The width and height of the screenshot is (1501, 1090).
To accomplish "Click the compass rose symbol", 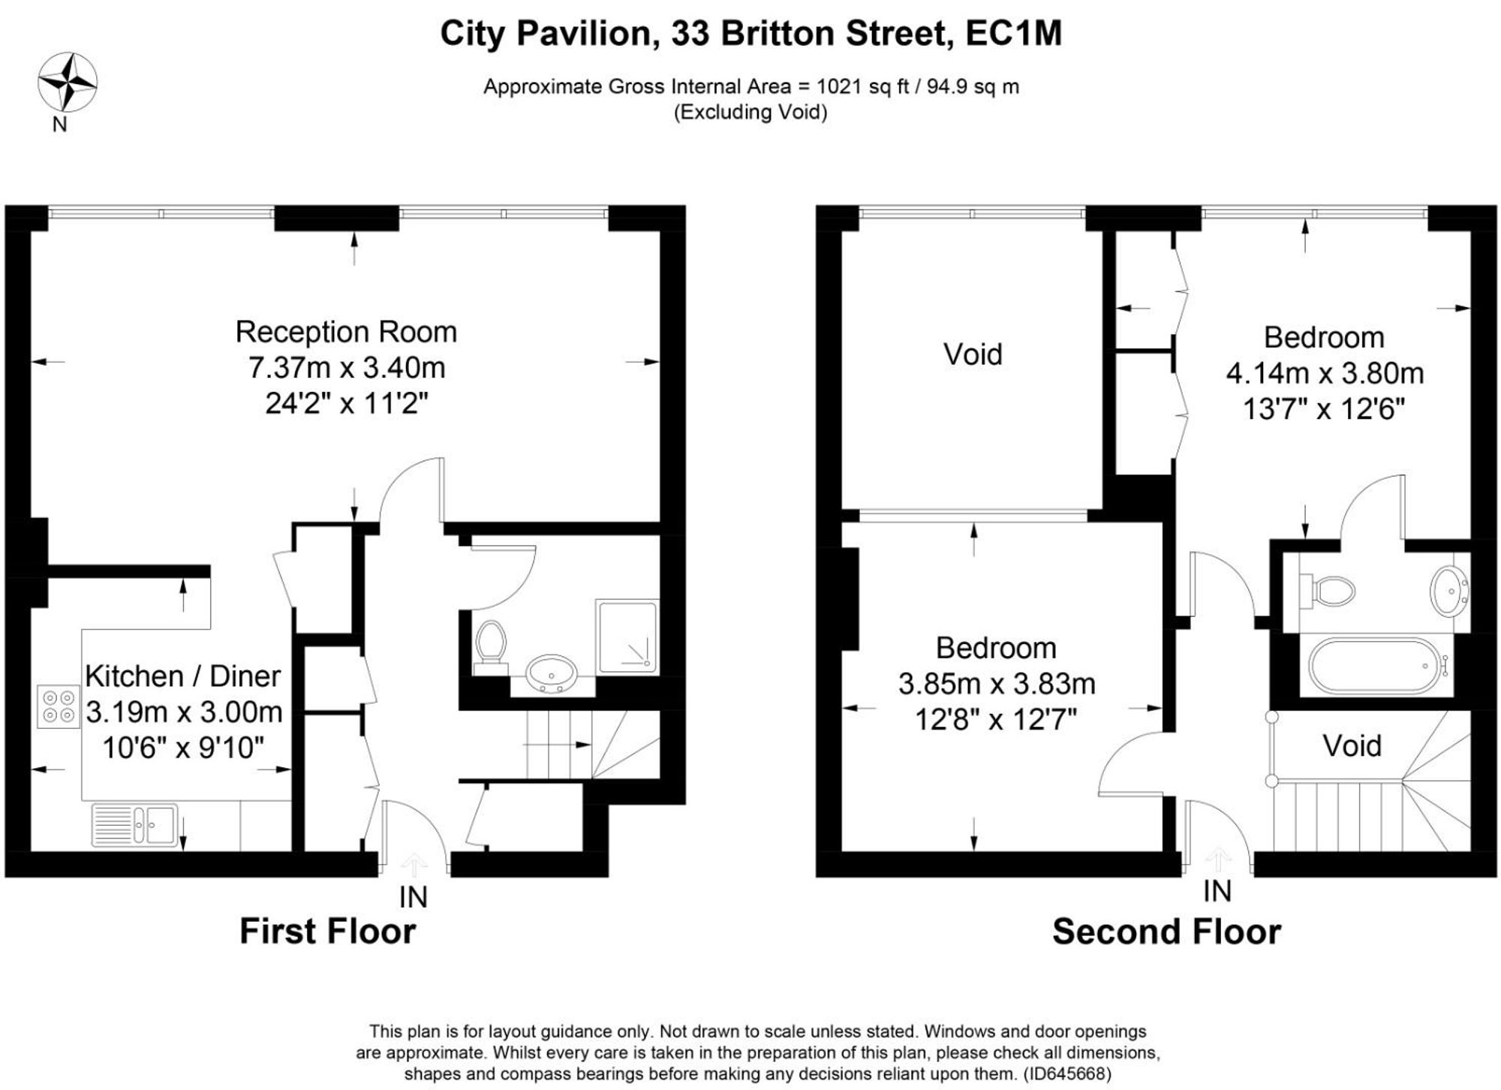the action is (x=68, y=83).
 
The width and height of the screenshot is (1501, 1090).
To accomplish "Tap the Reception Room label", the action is (x=346, y=332).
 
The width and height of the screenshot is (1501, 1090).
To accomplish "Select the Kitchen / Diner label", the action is (x=183, y=676).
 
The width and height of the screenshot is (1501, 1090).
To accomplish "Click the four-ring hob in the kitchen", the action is (x=59, y=706).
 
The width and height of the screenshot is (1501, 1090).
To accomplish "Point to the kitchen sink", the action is (x=135, y=825).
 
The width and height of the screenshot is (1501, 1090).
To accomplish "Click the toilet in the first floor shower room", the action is (x=491, y=643).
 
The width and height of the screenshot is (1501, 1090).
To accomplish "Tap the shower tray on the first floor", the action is (x=627, y=637).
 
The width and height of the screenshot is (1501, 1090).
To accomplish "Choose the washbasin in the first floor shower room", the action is (x=552, y=673).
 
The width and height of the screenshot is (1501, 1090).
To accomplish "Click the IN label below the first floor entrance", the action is (x=413, y=896).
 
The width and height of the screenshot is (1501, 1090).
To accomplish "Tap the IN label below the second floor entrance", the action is (x=1217, y=891).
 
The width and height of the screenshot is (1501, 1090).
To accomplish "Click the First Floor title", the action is (x=328, y=931).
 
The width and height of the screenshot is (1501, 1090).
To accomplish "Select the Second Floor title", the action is (x=1166, y=931).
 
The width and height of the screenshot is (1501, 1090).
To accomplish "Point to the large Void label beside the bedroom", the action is (x=973, y=354).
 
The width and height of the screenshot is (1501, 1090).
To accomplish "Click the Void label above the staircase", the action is (x=1352, y=745).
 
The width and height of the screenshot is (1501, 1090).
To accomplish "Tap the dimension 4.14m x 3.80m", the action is (x=1325, y=373).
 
